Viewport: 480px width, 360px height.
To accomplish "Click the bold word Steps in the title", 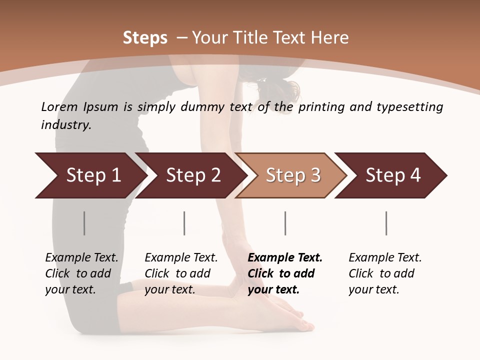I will (145, 38).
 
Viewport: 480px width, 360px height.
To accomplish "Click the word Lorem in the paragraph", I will (57, 106).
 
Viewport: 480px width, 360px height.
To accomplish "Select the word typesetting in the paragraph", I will (409, 107).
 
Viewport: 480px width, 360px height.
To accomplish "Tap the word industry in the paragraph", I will (65, 125).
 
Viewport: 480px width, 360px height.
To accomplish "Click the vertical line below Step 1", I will (84, 223).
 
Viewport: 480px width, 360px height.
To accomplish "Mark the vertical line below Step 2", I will (184, 223).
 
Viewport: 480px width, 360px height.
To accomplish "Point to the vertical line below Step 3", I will (285, 223).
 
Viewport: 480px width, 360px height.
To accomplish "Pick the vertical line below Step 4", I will (386, 223).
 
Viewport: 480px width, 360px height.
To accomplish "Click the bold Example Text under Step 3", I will (285, 257).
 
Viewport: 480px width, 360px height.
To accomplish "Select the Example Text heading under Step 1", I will (81, 257).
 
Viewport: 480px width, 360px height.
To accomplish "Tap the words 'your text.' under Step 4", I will (373, 289).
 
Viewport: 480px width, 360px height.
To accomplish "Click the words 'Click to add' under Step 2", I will (177, 273).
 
